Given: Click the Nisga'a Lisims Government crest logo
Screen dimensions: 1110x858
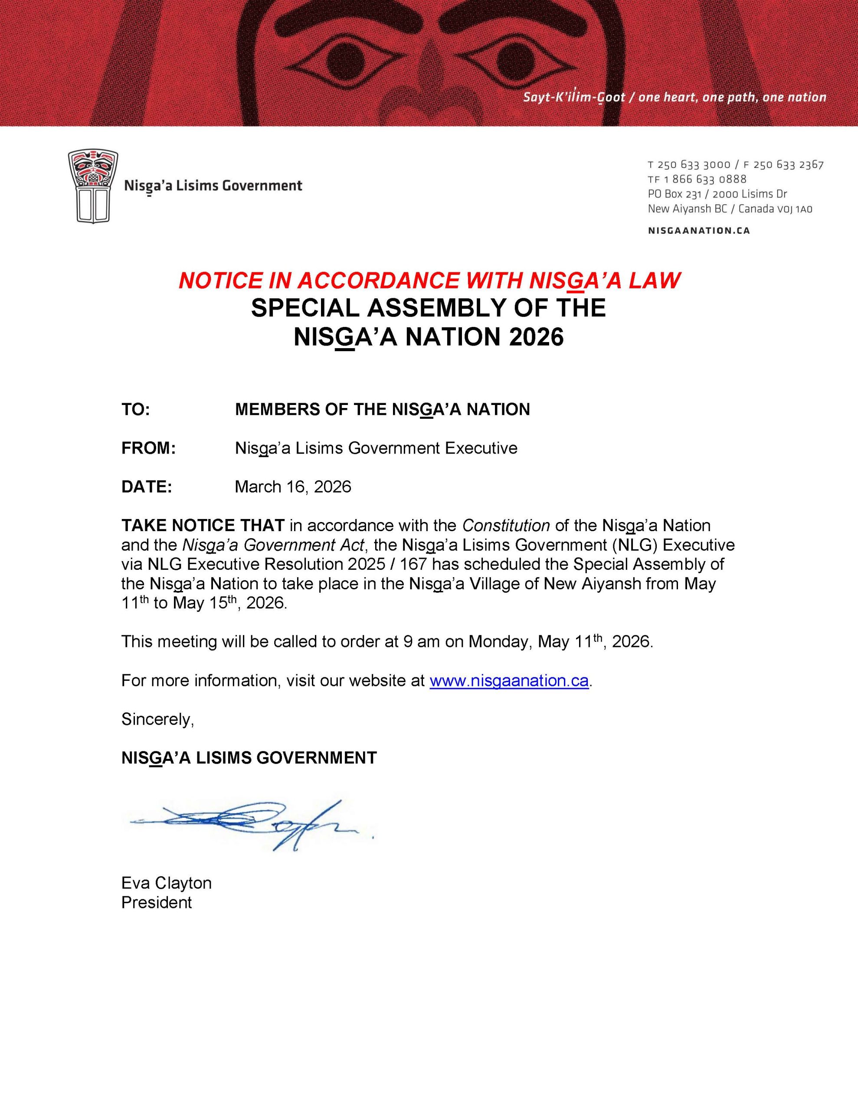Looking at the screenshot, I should [x=93, y=186].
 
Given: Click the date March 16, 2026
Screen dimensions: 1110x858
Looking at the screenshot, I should [x=292, y=487].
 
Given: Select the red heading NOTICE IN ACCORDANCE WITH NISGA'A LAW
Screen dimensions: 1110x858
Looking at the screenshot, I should [x=429, y=281].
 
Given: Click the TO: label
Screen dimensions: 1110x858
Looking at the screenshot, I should [x=135, y=409].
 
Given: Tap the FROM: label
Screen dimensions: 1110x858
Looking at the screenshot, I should [x=148, y=448].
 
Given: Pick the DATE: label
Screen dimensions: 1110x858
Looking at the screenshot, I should [x=147, y=487].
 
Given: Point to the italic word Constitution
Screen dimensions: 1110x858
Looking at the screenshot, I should [x=506, y=525].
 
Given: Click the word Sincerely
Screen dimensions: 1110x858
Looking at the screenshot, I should [x=157, y=719].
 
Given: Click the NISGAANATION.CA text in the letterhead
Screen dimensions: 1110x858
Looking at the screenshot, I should [x=699, y=231].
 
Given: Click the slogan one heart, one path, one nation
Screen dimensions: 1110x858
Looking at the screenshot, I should [x=732, y=97].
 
